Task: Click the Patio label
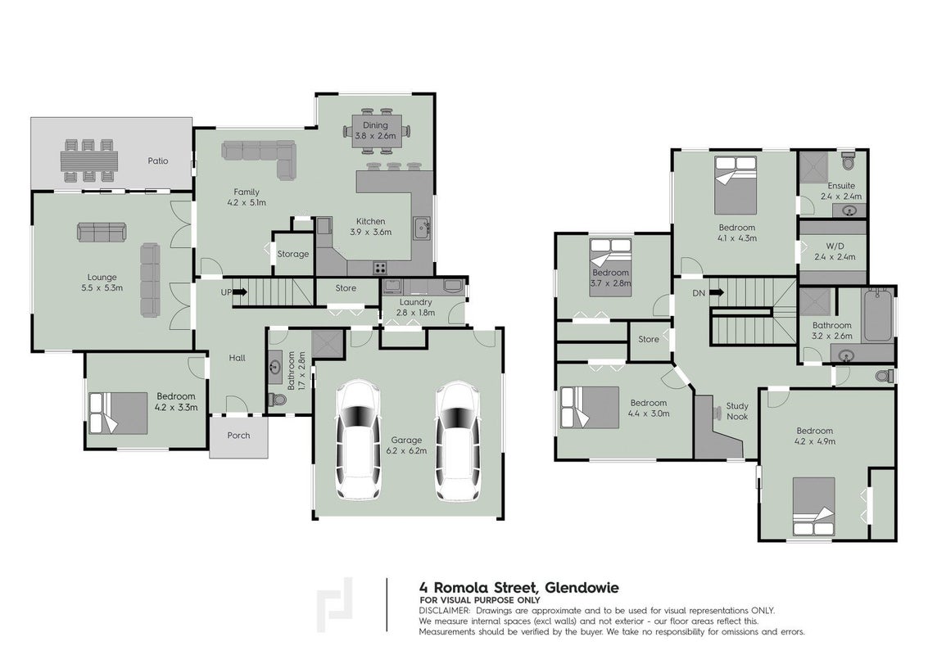click(158, 161)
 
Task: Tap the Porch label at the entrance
click(238, 436)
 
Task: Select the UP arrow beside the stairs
click(240, 291)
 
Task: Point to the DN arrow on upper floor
click(716, 292)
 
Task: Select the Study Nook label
click(737, 411)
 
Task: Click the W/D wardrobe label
click(835, 246)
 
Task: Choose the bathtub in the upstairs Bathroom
click(878, 314)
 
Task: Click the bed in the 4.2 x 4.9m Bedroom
click(814, 507)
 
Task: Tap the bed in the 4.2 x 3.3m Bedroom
click(118, 413)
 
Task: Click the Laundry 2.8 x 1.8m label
click(415, 307)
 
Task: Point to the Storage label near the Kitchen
click(293, 254)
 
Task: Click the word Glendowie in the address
click(582, 588)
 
